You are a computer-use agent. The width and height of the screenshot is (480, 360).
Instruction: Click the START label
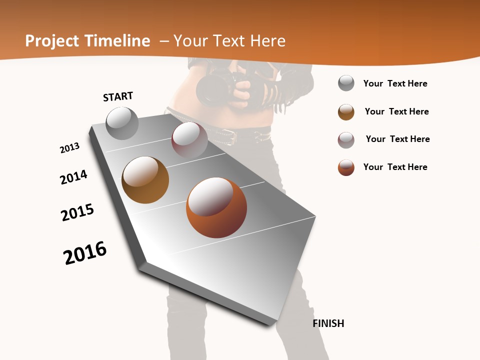[x=118, y=96]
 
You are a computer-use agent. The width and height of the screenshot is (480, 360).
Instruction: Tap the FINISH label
[x=328, y=323]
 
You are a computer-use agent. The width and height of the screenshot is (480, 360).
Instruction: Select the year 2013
[x=69, y=148]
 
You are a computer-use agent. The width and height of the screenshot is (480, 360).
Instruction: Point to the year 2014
[x=74, y=177]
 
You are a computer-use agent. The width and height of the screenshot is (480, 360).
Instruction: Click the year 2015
[x=77, y=212]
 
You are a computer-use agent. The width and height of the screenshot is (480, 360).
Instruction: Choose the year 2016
[x=85, y=253]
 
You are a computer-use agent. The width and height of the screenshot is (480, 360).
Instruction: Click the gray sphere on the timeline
[x=122, y=123]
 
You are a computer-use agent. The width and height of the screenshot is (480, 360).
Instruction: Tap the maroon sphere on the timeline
[x=189, y=139]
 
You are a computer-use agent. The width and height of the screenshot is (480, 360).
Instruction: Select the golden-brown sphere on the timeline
[x=145, y=179]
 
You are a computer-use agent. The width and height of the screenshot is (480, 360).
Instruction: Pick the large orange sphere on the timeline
[x=216, y=207]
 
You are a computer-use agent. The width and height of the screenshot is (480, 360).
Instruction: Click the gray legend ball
[x=346, y=83]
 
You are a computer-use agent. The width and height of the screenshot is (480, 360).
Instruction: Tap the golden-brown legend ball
[x=346, y=112]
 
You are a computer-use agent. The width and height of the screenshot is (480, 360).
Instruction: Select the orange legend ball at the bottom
[x=346, y=167]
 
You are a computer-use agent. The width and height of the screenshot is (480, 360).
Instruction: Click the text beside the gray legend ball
[x=395, y=83]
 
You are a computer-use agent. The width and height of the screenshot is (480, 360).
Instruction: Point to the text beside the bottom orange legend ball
[x=395, y=167]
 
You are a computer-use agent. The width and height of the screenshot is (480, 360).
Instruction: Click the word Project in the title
[x=52, y=41]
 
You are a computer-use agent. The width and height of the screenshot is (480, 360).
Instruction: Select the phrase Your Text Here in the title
[x=229, y=41]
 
